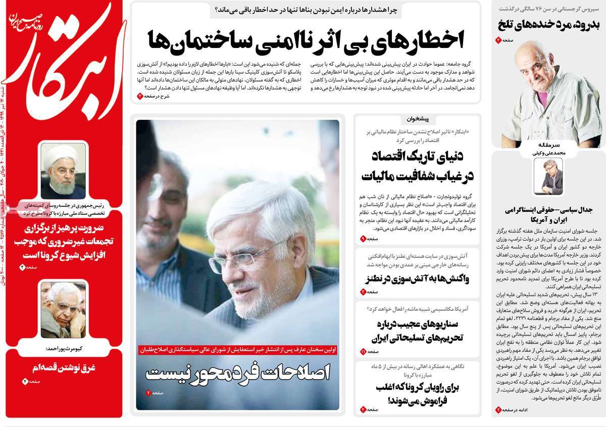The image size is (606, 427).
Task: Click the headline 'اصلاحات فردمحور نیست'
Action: (x=237, y=373)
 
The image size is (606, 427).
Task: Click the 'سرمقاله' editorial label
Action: (x=549, y=144)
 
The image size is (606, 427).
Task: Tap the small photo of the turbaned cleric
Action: (x=63, y=171)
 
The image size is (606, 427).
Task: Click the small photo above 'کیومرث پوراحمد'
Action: (x=63, y=310)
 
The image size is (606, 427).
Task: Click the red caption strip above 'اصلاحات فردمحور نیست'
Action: (x=237, y=349)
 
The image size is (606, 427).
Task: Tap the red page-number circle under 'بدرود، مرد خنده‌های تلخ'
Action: (x=498, y=40)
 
